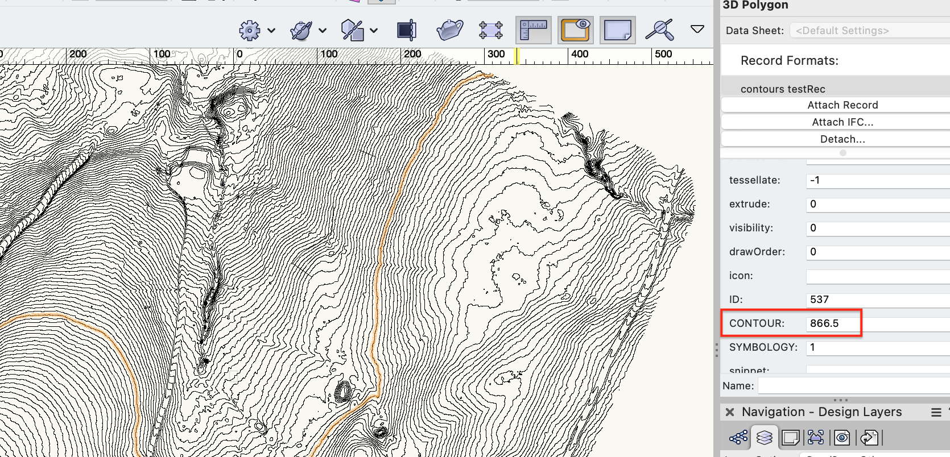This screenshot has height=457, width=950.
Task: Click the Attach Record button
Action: [842, 105]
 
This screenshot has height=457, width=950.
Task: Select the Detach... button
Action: [842, 139]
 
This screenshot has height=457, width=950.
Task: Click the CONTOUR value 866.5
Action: [825, 323]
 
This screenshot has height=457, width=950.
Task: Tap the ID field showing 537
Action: [820, 300]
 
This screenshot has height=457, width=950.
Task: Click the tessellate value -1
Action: [815, 180]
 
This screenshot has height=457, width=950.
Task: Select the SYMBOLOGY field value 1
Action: [813, 347]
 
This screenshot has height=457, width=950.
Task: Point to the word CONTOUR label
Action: [757, 323]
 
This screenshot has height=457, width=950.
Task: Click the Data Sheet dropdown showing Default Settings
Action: [842, 31]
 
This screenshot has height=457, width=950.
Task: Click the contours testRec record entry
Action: [783, 89]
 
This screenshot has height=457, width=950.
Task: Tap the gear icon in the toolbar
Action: [250, 31]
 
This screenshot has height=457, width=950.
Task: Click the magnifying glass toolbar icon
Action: [659, 30]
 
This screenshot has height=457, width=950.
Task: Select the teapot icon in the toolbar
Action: [449, 30]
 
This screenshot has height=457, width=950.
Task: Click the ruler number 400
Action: [580, 55]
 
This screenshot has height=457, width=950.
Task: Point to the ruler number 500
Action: [663, 55]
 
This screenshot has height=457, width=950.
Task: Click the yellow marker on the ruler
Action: [517, 56]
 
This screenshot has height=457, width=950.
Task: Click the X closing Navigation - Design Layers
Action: [730, 412]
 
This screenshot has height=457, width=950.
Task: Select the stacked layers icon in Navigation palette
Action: [765, 437]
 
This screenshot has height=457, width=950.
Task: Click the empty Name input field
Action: [853, 386]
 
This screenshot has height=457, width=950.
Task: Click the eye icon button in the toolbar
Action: [576, 30]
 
